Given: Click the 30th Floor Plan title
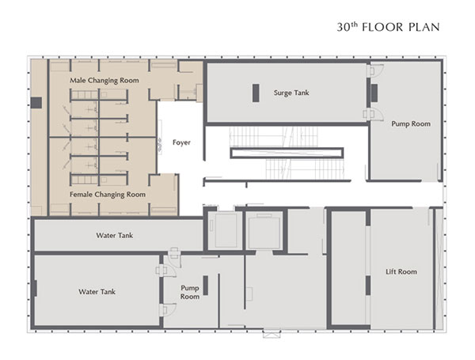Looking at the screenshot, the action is tap(388, 27).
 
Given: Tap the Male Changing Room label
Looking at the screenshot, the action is tap(104, 81).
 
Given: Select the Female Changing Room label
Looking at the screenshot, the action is tap(108, 195).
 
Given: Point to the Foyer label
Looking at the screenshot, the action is tap(181, 142).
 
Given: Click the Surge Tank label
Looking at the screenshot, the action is tap(291, 93).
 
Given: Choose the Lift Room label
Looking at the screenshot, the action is tap(401, 271).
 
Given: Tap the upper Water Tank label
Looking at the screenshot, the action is tap(115, 235).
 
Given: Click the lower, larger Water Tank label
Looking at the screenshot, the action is tap(97, 292).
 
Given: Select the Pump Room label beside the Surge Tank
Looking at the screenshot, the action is tap(411, 124).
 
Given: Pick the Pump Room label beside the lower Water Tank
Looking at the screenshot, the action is tap(190, 292).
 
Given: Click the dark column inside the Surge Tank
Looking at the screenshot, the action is tap(256, 93).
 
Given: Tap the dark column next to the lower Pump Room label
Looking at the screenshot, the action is tap(205, 285).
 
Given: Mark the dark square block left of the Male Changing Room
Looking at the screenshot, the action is tap(36, 103).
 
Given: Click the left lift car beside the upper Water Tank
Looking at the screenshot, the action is tap(226, 231).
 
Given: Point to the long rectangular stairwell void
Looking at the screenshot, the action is tap(287, 153).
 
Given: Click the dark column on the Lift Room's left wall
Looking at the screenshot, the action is tap(368, 286).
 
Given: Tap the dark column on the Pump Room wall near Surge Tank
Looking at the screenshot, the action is tap(374, 93).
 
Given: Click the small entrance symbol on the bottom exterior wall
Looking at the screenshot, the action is tap(272, 334).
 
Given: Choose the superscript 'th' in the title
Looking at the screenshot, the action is tap(354, 25).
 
